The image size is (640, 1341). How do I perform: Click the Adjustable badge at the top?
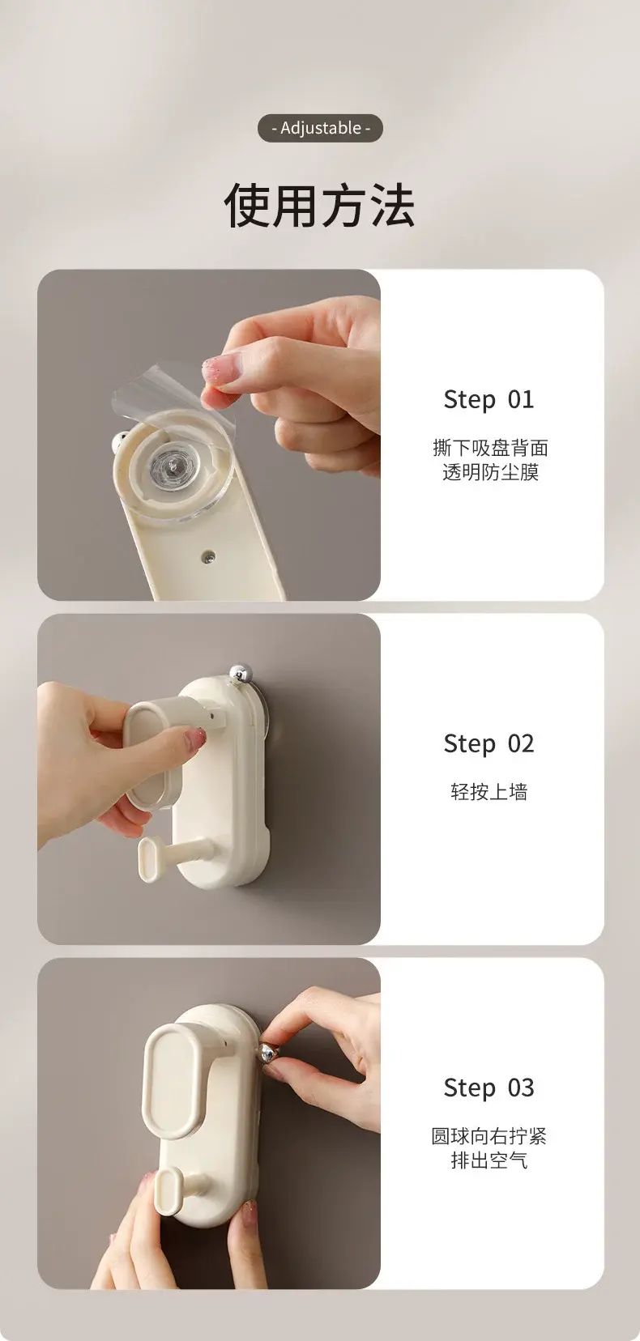pyautogui.click(x=320, y=128)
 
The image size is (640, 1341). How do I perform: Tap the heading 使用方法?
pyautogui.click(x=320, y=206)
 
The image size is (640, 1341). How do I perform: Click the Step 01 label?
pyautogui.click(x=489, y=399)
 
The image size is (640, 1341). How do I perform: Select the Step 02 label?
pyautogui.click(x=489, y=743)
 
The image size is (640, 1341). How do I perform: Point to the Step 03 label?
pyautogui.click(x=489, y=1088)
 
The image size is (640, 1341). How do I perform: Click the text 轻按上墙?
pyautogui.click(x=489, y=791)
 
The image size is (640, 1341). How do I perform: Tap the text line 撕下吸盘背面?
pyautogui.click(x=490, y=448)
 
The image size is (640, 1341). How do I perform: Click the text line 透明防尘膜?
pyautogui.click(x=490, y=472)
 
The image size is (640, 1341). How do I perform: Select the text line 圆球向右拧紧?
pyautogui.click(x=489, y=1135)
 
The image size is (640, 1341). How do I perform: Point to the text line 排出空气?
pyautogui.click(x=489, y=1160)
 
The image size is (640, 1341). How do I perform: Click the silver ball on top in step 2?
pyautogui.click(x=241, y=671)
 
